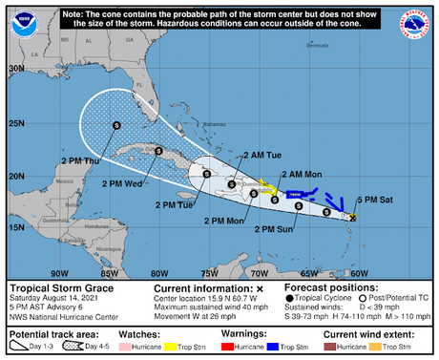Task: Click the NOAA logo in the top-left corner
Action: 19,19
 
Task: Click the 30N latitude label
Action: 16,69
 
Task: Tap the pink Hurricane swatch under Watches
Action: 129,346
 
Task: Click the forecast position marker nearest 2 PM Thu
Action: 116,124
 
